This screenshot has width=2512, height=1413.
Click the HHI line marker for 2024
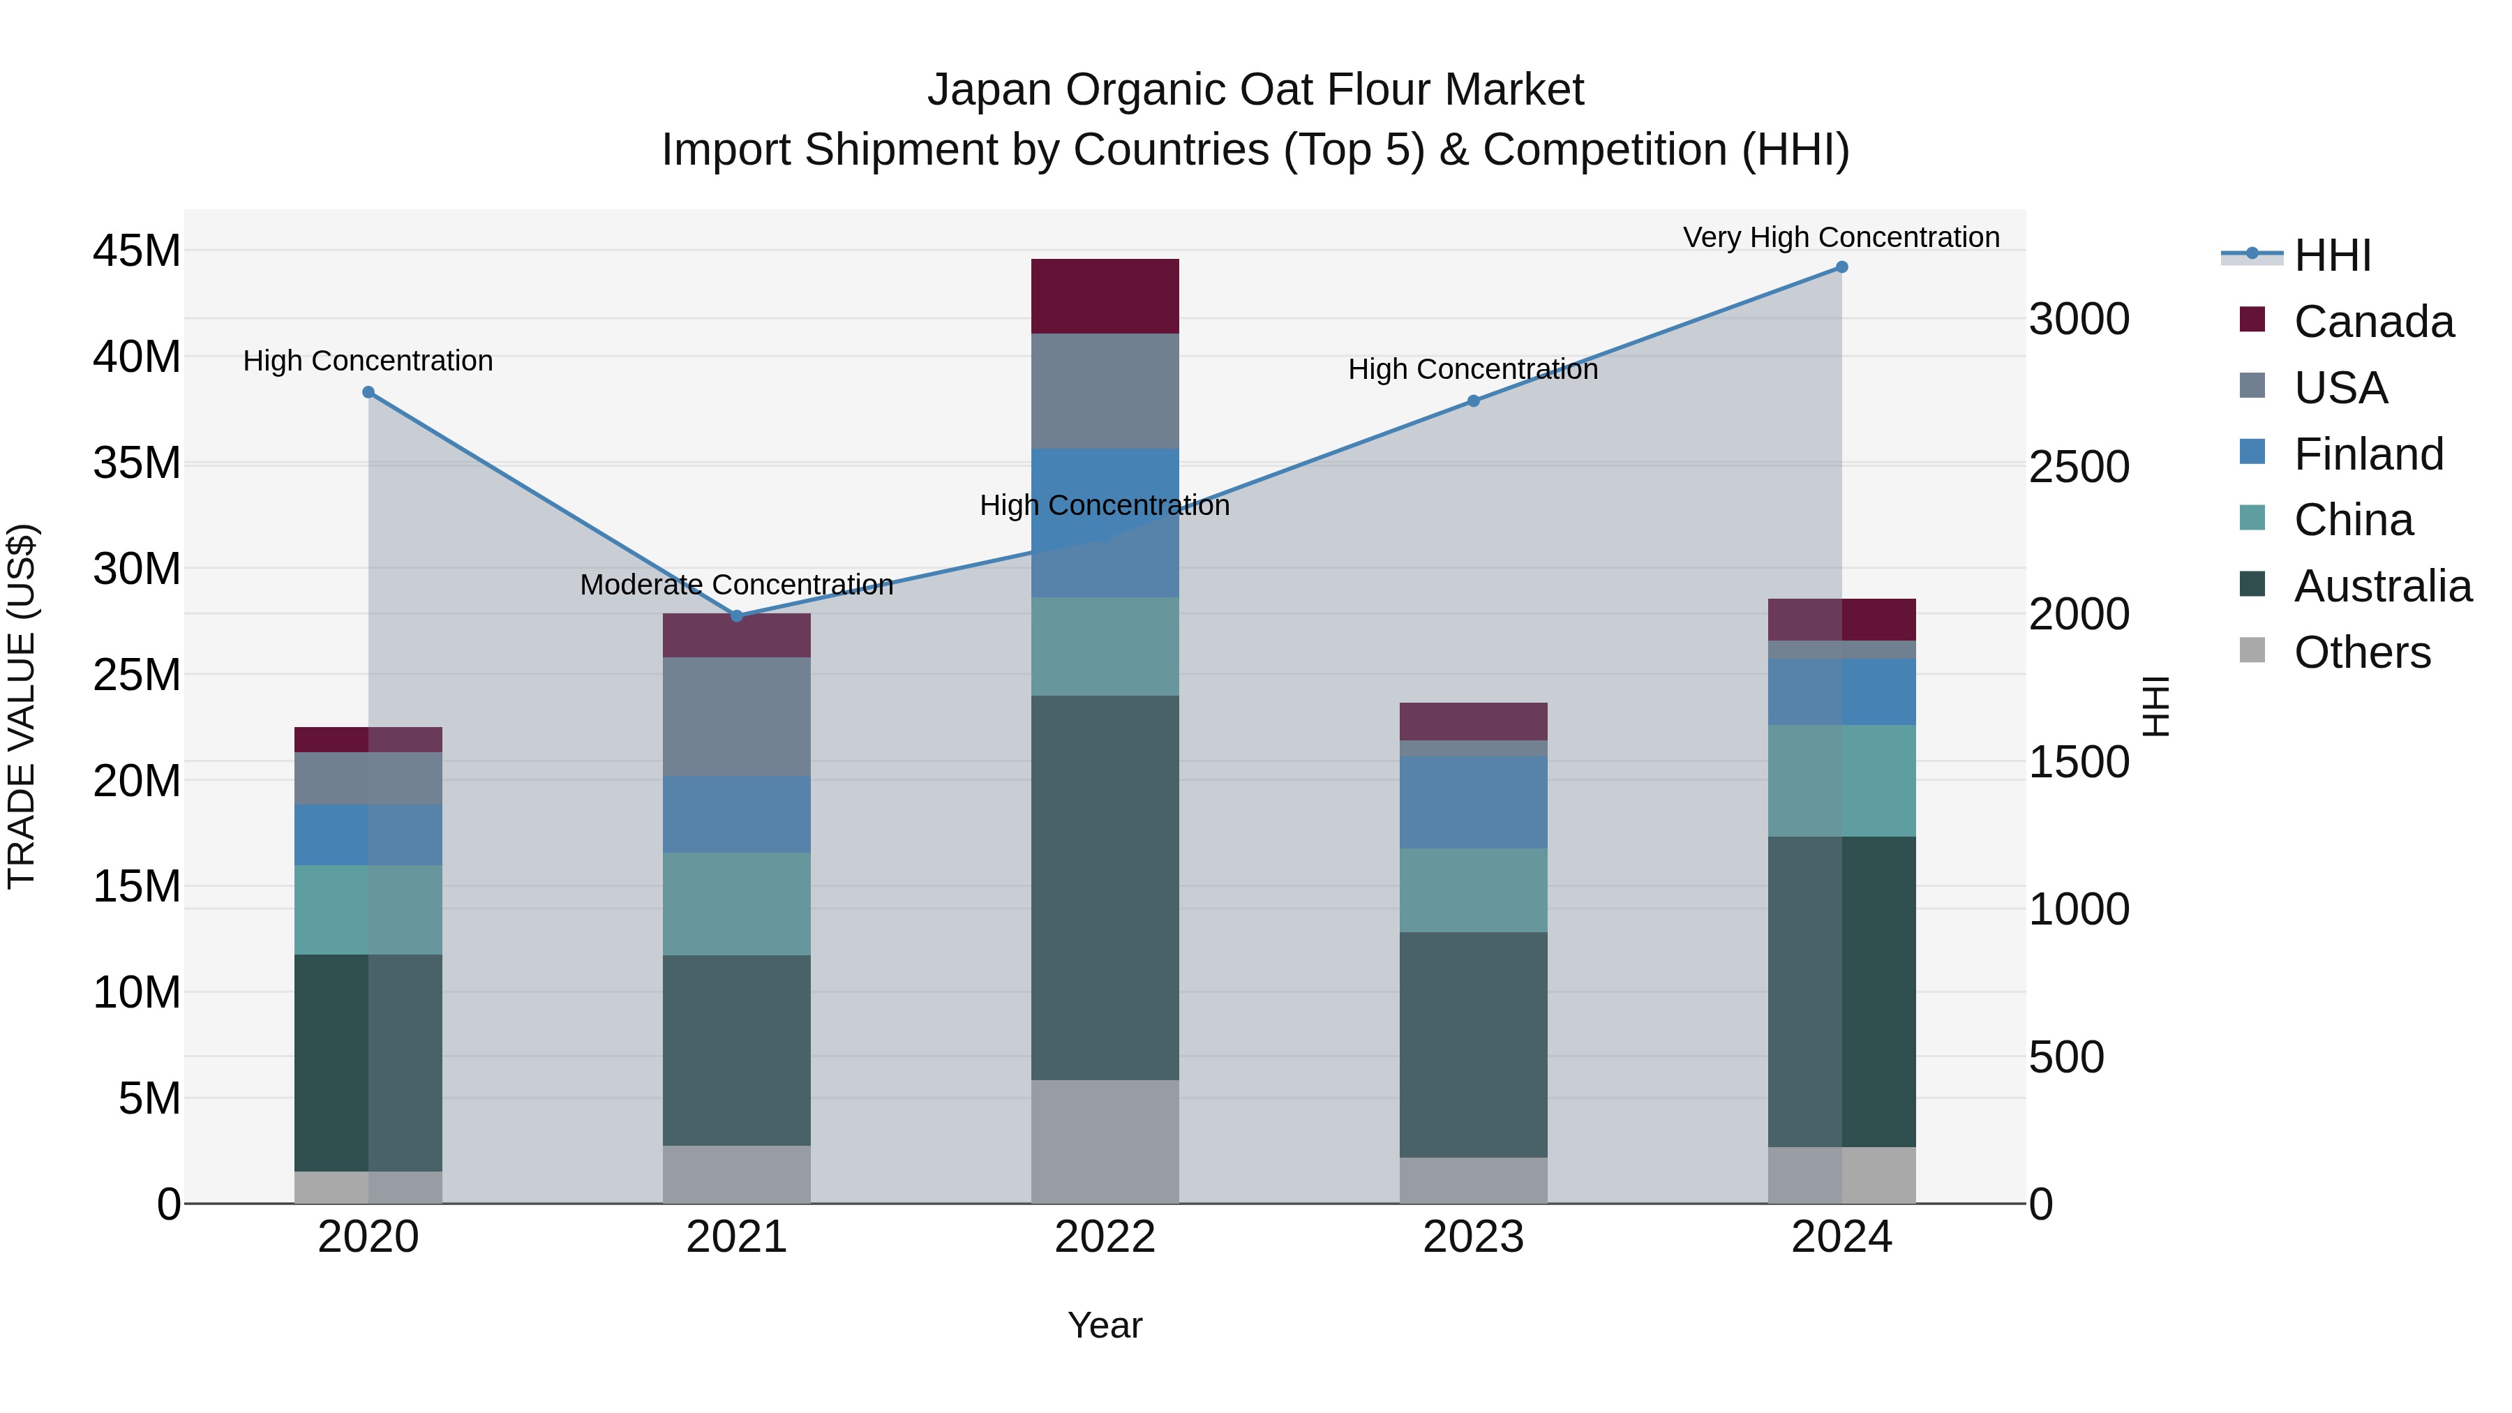tap(1841, 267)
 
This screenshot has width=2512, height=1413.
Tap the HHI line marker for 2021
tap(736, 615)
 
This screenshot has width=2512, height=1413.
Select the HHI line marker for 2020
tap(368, 392)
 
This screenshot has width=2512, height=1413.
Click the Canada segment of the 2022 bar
tap(1105, 297)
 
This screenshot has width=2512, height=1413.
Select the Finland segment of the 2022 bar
tap(1105, 523)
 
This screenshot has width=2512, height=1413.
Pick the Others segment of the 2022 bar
tap(1105, 1141)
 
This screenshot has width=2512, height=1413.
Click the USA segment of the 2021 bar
tap(736, 717)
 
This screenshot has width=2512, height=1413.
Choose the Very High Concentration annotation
tap(1841, 237)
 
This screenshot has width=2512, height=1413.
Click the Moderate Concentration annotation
tap(736, 584)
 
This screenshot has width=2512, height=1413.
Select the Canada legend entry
tap(2372, 322)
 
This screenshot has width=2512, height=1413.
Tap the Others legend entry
tap(2362, 652)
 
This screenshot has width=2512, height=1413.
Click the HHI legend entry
tap(2331, 255)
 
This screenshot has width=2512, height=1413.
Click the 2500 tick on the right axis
tap(2079, 466)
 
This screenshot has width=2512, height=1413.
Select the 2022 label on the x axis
tap(1105, 1237)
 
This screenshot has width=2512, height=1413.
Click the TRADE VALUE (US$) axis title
tap(22, 706)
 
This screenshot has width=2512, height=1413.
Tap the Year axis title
tap(1105, 1325)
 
